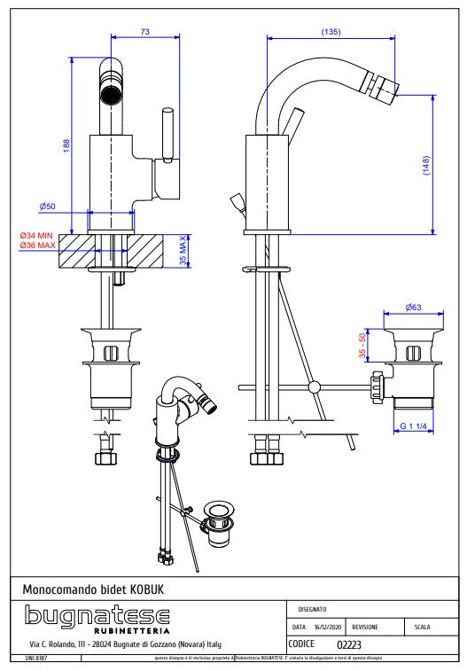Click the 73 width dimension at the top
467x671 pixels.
coord(144,31)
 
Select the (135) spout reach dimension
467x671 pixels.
coord(331,32)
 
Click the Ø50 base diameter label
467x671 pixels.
coord(48,207)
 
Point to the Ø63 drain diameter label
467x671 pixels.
coord(413,308)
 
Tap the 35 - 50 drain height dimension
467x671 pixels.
coord(362,346)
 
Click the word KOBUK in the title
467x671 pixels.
coord(146,589)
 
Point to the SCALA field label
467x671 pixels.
coord(422,627)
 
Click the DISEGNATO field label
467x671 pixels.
coord(313,609)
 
